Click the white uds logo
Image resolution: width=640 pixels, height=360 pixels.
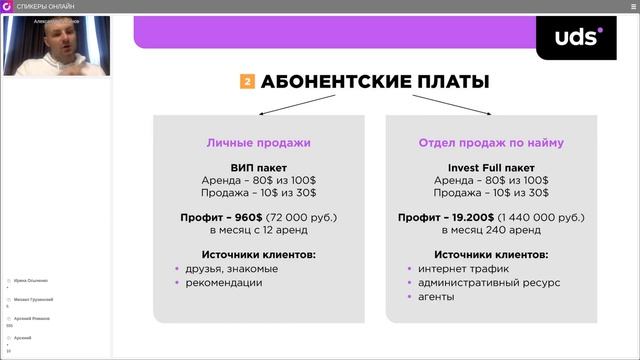[579, 37]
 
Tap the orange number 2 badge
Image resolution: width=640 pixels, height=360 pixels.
[247, 82]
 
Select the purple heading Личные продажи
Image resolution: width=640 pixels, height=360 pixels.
[258, 143]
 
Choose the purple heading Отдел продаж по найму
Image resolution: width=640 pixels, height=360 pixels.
[491, 143]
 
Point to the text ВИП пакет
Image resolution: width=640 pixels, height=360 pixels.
[258, 167]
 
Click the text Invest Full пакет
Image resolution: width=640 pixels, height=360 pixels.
[490, 167]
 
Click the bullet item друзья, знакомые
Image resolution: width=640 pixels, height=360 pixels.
[232, 269]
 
